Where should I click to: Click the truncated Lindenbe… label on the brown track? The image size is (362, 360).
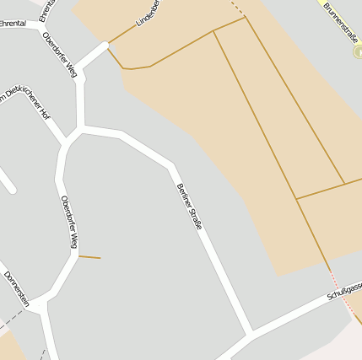point(149,14)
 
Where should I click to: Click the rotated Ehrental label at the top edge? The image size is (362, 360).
point(46,9)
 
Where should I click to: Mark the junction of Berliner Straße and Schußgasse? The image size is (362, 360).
point(251,331)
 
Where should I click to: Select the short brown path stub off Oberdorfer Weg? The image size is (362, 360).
point(89,256)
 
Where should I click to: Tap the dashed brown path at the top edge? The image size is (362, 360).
point(237,8)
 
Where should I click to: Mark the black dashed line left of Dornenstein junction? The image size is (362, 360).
point(12,320)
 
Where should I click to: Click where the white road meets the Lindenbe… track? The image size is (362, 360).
point(108,43)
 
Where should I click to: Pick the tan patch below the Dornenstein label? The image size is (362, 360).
point(10,347)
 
